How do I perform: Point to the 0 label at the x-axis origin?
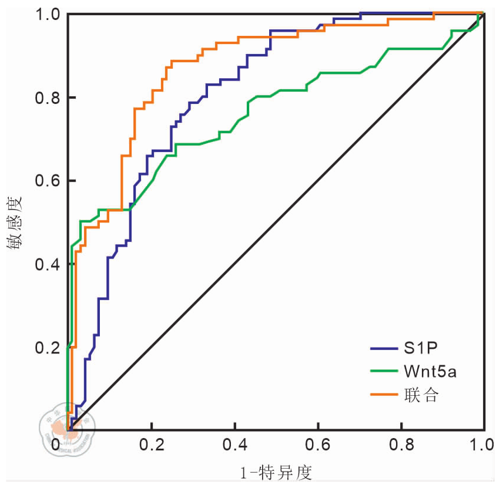(x=56, y=445)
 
